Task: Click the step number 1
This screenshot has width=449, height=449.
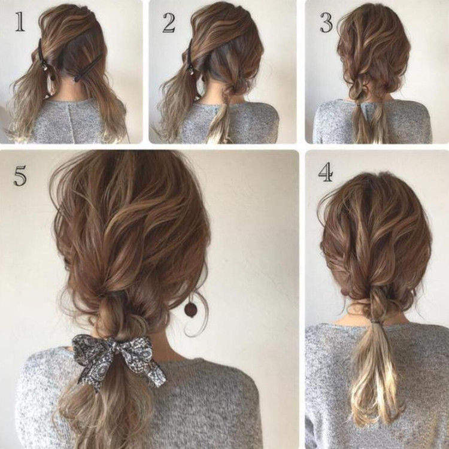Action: pos(20,22)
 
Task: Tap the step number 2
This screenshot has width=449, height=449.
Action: pos(169,22)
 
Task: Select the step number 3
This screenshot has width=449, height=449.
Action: pos(326,22)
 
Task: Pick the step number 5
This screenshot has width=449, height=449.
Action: pos(20,175)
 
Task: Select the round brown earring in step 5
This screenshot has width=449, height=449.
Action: pos(190,309)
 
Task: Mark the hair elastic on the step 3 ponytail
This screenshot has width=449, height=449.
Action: pos(359,105)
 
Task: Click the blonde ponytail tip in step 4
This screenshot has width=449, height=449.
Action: pos(372,401)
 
